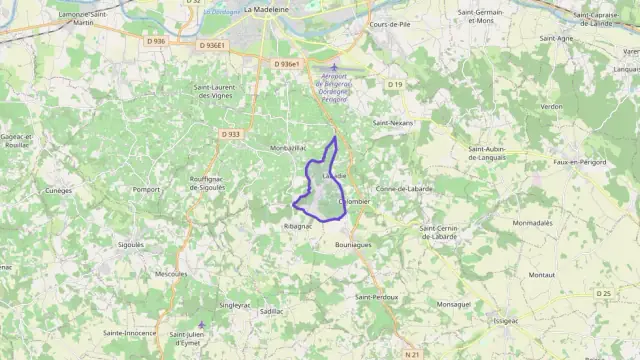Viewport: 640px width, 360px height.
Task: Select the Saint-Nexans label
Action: point(392,122)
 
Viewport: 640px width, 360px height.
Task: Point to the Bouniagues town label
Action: point(354,244)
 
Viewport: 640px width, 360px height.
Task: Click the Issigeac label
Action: point(505,321)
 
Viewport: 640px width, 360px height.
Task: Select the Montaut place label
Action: point(542,274)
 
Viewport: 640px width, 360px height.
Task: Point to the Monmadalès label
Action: point(533,223)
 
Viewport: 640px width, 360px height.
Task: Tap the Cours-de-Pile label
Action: point(391,23)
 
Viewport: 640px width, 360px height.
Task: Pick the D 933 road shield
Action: point(230,133)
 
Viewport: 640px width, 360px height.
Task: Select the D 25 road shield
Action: point(602,293)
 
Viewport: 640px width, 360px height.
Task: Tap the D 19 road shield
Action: point(395,85)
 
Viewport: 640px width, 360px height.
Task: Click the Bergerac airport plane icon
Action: point(334,67)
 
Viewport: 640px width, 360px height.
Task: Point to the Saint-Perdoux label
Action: point(377,297)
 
